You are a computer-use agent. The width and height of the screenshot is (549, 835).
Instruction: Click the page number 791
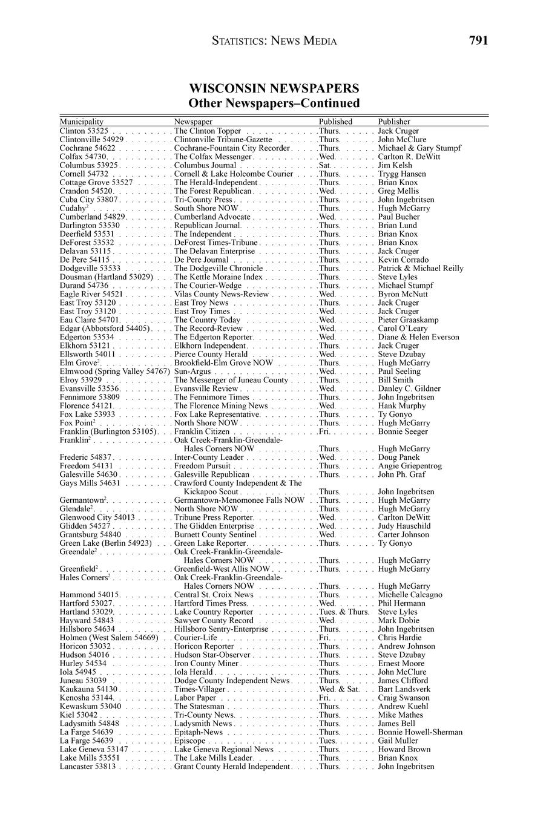(x=478, y=41)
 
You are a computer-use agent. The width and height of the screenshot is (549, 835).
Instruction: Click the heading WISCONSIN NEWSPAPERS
(x=274, y=88)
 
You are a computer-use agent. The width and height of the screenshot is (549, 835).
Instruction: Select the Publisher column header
(x=394, y=122)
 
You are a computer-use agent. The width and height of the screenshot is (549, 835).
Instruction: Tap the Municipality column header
(x=82, y=122)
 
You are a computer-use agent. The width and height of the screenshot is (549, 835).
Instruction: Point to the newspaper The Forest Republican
(x=212, y=191)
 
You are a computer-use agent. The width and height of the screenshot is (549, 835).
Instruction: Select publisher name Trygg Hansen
(x=402, y=174)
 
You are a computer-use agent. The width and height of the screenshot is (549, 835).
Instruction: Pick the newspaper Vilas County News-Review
(x=221, y=294)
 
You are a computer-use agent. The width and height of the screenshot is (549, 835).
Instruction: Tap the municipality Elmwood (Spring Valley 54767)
(x=114, y=371)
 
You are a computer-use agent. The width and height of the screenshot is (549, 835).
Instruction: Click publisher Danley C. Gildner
(x=409, y=388)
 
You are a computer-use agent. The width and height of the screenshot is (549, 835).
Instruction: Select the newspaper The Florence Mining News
(x=221, y=405)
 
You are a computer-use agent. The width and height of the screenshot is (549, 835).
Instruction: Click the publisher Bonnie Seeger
(x=403, y=431)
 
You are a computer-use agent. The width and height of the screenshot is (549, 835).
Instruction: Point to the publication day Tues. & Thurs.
(x=344, y=612)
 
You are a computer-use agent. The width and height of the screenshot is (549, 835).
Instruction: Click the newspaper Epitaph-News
(x=199, y=732)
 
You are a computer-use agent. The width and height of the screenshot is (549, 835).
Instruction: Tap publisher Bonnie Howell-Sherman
(x=420, y=732)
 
